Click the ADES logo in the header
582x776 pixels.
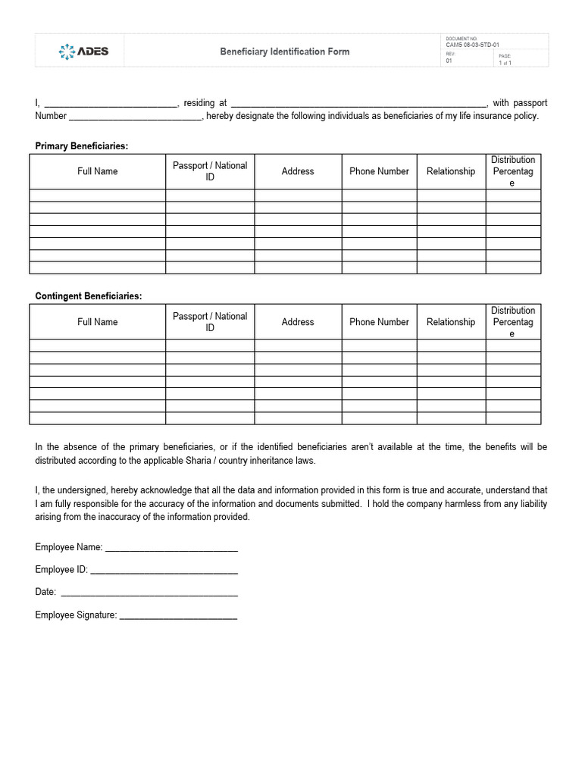pyautogui.click(x=83, y=51)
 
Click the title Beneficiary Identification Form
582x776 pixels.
pyautogui.click(x=285, y=52)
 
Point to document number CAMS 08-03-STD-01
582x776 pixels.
pyautogui.click(x=472, y=45)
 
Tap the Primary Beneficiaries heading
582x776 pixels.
pyautogui.click(x=81, y=146)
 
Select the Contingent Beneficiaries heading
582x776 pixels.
pyautogui.click(x=88, y=296)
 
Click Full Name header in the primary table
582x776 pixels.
pyautogui.click(x=97, y=171)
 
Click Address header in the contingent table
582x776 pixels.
pyautogui.click(x=298, y=322)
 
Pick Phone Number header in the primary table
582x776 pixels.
pyautogui.click(x=379, y=171)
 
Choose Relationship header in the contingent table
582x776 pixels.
pyautogui.click(x=451, y=322)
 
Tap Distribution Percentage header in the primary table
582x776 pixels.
pyautogui.click(x=513, y=171)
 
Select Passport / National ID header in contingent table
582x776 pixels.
pyautogui.click(x=210, y=322)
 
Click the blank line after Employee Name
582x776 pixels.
pyautogui.click(x=171, y=548)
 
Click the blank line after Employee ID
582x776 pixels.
pyautogui.click(x=164, y=571)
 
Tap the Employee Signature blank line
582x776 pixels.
pyautogui.click(x=178, y=616)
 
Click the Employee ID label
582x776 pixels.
pyautogui.click(x=61, y=569)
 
